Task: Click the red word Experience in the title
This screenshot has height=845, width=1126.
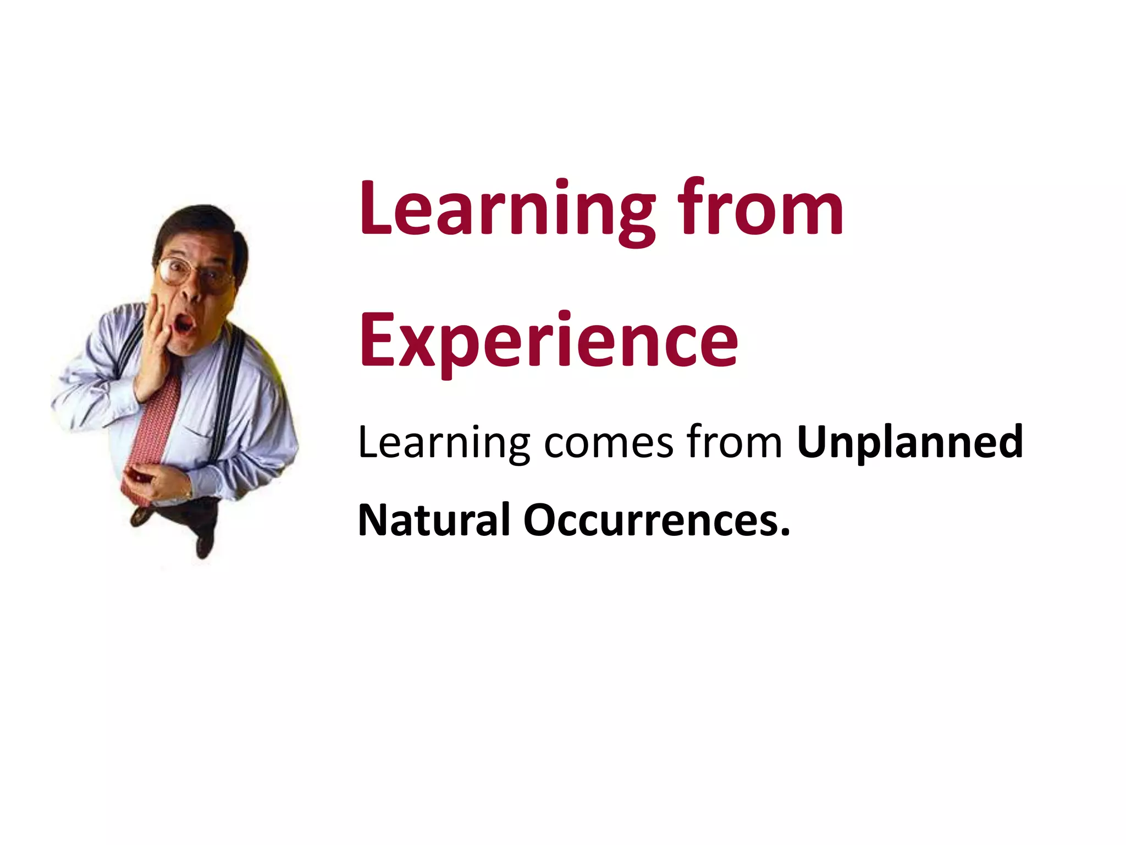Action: click(x=548, y=341)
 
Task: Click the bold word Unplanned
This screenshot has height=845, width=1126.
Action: click(x=910, y=443)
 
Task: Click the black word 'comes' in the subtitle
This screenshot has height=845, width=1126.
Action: click(x=609, y=443)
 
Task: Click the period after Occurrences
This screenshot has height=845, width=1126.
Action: click(x=785, y=533)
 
